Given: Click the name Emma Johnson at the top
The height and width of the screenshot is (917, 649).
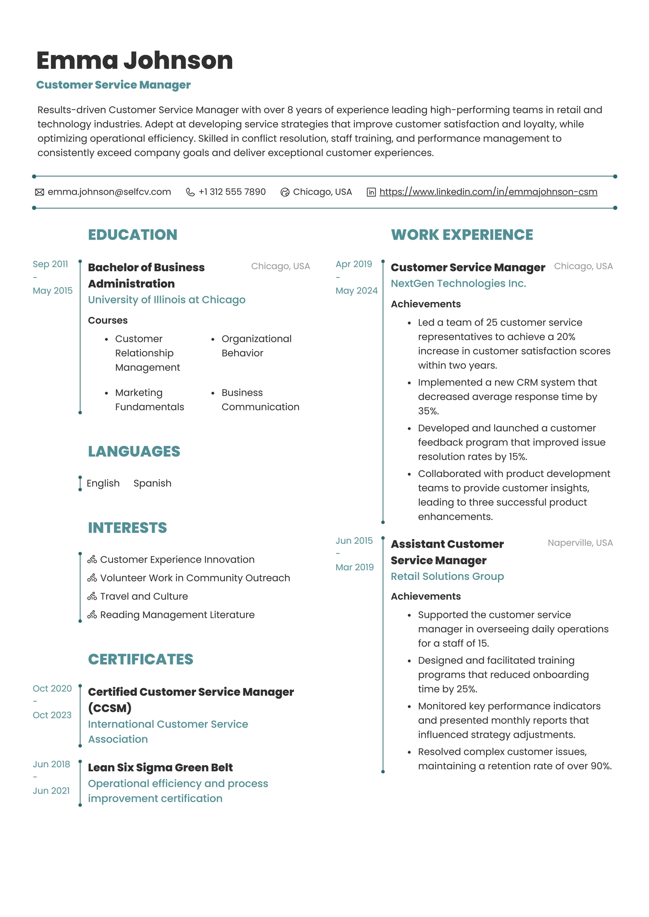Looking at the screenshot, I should pos(135,61).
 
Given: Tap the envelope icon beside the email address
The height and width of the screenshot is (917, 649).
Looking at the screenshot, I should pos(39,192).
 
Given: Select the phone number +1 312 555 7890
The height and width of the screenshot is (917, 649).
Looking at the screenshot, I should pos(232,192).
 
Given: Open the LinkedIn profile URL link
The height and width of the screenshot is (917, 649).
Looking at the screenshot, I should pos(488,192).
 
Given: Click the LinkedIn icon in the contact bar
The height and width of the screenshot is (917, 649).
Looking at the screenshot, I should pos(371,192).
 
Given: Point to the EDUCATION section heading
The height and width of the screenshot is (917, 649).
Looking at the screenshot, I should pos(133,235).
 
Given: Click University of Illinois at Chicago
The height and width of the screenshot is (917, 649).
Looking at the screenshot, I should pos(166,300).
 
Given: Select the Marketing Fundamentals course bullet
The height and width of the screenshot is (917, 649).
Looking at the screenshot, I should pos(149,400).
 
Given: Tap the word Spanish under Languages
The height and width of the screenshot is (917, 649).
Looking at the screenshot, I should pos(152,483).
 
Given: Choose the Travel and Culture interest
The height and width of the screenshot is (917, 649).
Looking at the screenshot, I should pos(144,596).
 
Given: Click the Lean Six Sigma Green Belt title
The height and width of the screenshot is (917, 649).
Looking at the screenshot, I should pos(160,767).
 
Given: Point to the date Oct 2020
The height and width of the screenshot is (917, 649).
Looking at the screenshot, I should pos(52,689).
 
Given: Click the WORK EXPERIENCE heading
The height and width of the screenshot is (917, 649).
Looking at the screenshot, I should pos(462,235).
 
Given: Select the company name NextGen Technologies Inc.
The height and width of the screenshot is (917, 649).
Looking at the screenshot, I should pos(458,284).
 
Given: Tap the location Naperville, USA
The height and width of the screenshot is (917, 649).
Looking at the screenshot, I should pos(580,543).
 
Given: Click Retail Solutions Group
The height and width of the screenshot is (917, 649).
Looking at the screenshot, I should pos(447,576).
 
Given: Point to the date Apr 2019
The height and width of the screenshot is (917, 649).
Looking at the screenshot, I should pos(354,264).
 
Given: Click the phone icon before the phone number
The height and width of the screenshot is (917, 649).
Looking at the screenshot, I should pos(190,192).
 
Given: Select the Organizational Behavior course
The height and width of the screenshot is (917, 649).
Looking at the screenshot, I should pos(256,346).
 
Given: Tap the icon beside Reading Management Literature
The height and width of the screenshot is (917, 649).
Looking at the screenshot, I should pos(92,615).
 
